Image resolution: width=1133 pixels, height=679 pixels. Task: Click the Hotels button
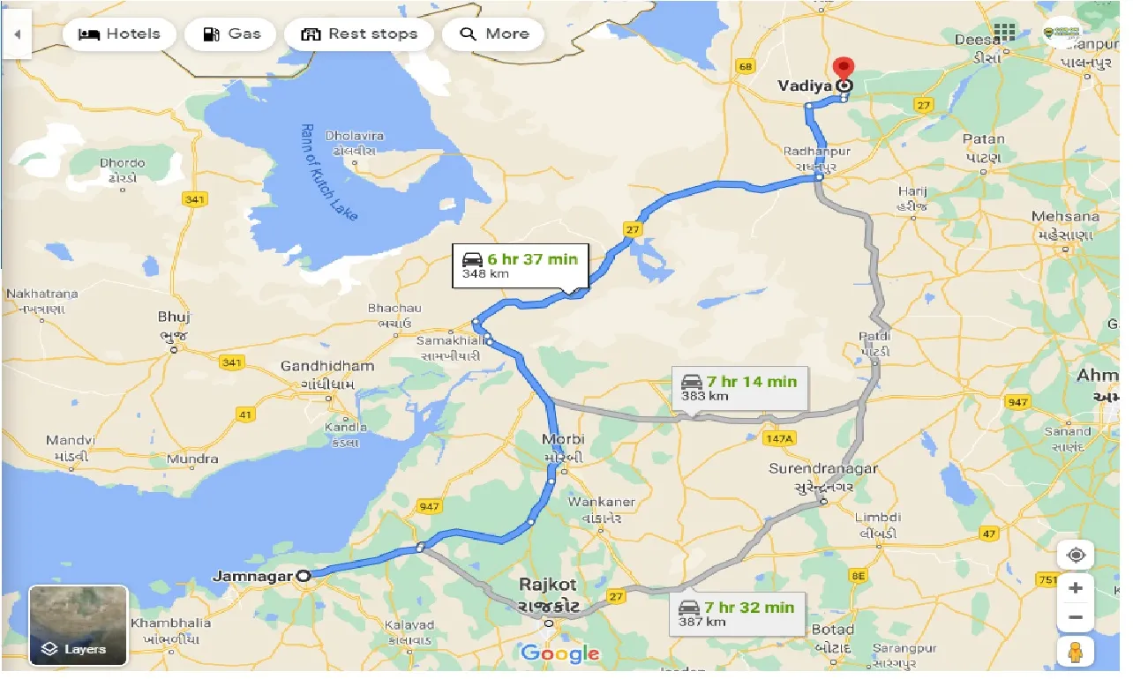119,34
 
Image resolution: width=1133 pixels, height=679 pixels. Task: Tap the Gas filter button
231,34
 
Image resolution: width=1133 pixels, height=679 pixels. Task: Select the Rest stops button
359,34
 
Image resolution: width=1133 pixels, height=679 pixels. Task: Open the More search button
493,34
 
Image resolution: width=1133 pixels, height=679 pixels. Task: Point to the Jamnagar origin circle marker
304,576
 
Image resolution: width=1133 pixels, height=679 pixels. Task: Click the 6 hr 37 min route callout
521,265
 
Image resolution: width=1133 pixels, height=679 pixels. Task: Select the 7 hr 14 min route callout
739,388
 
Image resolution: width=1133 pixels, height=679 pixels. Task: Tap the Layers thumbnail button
79,625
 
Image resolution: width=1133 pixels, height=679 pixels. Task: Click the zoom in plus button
1076,587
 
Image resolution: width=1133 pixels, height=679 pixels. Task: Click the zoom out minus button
1076,617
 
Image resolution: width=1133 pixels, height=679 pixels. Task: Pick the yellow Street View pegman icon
1076,653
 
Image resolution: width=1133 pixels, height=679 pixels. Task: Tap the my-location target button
1076,556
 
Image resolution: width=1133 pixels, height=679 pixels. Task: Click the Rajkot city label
548,585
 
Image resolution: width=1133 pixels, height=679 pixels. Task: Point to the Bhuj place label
174,317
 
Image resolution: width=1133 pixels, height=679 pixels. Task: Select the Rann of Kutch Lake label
327,173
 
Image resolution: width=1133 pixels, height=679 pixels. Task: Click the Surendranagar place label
822,468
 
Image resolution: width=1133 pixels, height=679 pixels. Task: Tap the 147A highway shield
780,438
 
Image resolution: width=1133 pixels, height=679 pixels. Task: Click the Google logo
559,653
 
